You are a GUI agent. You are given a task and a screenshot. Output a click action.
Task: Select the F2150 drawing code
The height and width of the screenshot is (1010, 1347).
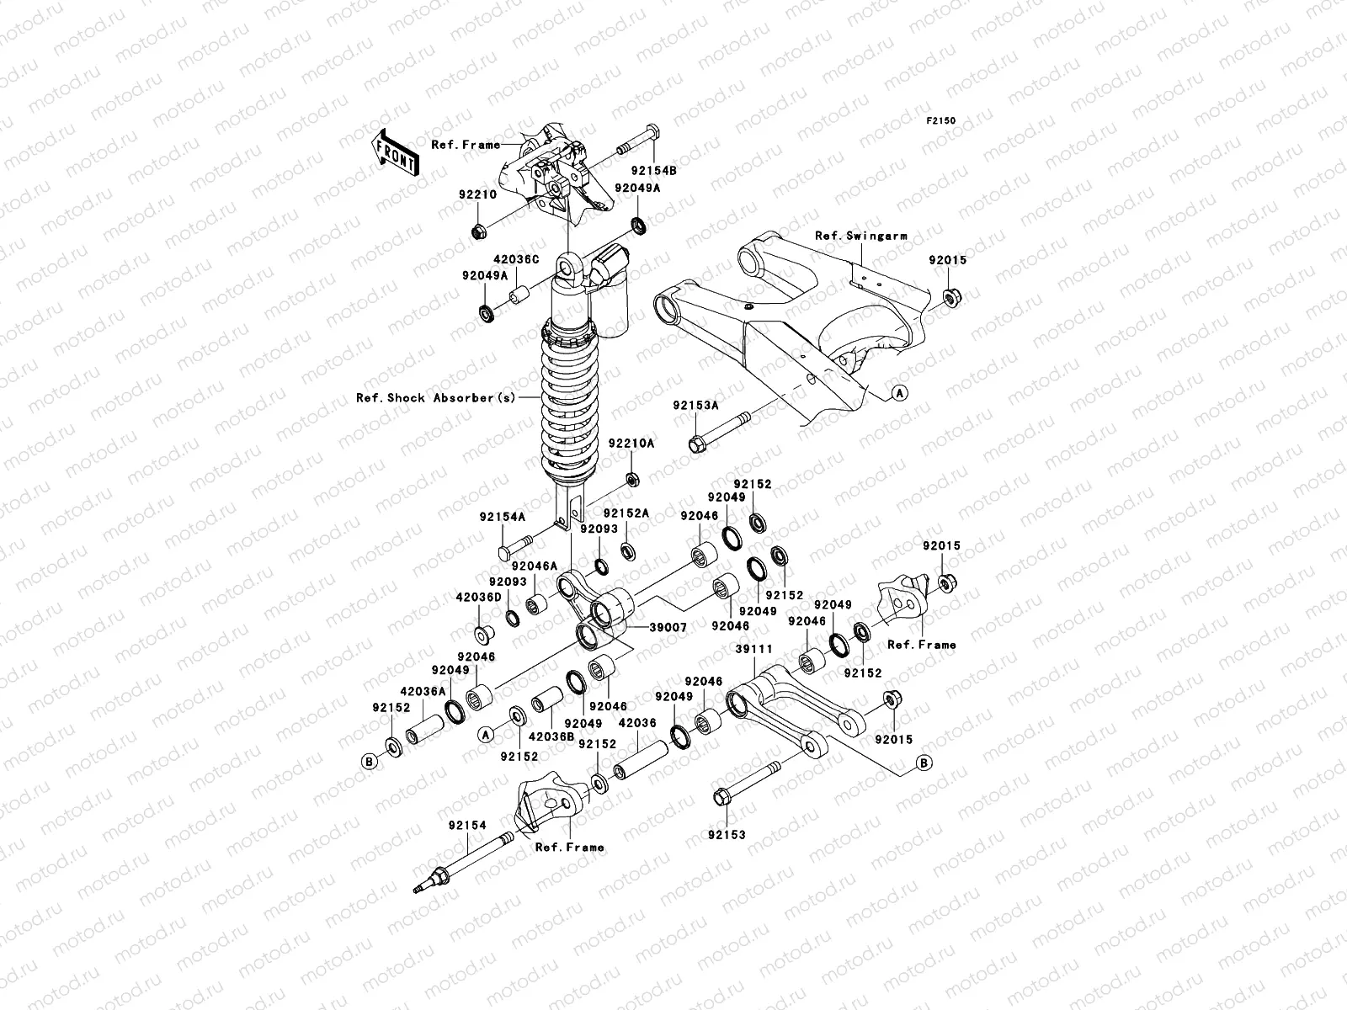942,121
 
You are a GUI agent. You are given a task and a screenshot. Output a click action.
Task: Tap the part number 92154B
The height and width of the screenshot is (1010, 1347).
654,169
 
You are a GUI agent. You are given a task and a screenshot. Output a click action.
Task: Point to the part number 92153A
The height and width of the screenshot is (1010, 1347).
695,405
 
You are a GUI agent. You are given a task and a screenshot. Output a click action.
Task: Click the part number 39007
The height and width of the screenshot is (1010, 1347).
668,627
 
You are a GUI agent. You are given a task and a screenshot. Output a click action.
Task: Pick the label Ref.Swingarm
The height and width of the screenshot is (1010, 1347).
860,237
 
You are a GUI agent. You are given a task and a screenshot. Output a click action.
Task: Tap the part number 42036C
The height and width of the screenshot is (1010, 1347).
516,260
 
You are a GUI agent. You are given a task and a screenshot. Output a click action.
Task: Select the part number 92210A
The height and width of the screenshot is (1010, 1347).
631,443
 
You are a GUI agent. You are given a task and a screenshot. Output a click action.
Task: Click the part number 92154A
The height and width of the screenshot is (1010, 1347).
503,518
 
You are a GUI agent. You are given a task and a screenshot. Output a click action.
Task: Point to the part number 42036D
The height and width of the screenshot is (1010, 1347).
478,597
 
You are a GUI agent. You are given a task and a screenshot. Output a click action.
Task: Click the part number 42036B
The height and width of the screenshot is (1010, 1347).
551,735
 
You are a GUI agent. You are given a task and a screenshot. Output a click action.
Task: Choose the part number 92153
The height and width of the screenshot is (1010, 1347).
727,834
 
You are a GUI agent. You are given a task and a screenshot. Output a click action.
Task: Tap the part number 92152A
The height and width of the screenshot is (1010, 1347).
626,513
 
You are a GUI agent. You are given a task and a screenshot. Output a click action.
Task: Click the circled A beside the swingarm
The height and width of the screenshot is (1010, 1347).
898,393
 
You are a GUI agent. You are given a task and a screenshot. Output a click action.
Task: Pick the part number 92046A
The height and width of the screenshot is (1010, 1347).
532,566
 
